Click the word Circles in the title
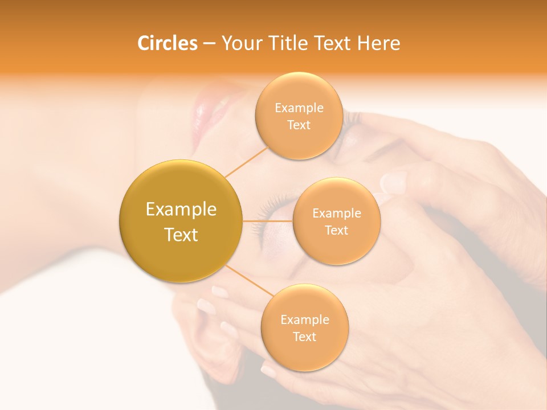167,43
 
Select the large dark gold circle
181,221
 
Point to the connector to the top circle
246,161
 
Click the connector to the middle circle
267,220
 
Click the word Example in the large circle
181,209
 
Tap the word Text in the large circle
181,235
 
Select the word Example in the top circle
299,108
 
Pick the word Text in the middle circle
336,230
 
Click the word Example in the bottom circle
304,319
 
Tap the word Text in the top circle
299,125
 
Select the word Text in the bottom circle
304,337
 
